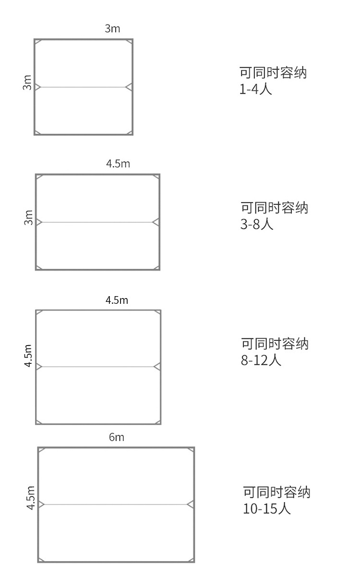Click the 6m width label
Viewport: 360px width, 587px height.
click(116, 437)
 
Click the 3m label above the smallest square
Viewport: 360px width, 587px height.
click(112, 29)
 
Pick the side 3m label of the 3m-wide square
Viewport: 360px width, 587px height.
click(27, 83)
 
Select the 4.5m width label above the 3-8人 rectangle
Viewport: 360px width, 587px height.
click(118, 164)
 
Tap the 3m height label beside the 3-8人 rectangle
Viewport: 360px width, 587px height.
click(29, 217)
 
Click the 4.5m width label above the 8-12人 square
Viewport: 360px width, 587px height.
click(117, 300)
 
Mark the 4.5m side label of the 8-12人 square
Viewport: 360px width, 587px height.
click(29, 356)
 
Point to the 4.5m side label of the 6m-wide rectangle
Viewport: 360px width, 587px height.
click(31, 498)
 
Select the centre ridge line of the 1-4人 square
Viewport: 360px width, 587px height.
click(83, 87)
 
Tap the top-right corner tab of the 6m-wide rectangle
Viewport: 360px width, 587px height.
click(191, 451)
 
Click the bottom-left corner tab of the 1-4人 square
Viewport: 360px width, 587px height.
click(37, 132)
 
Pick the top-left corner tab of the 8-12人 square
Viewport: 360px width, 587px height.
click(39, 313)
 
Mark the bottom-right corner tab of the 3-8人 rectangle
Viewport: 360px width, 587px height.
click(156, 267)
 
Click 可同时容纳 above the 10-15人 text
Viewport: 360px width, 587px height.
click(276, 492)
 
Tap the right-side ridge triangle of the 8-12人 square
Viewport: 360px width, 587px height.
click(157, 367)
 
